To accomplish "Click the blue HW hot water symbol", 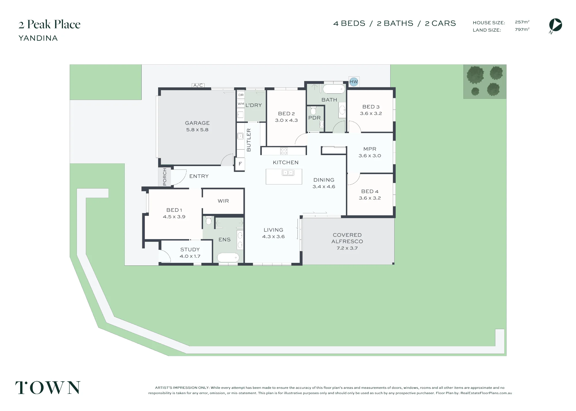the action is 354,82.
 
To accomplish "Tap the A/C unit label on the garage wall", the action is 198,85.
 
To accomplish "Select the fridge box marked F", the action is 240,164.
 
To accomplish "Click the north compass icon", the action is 556,25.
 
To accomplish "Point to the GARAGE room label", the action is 197,123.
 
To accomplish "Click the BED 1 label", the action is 174,210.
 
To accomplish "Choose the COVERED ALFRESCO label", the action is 347,238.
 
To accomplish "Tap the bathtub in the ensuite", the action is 228,257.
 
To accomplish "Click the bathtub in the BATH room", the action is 334,89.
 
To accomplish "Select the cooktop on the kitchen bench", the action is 284,151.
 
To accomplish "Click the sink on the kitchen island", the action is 288,173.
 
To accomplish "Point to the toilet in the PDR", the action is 313,111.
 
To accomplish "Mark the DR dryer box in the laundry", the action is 241,95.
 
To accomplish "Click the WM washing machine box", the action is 241,104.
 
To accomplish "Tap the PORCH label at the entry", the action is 165,177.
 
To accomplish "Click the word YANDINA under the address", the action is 38,38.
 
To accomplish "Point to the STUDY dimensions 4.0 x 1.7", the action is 190,256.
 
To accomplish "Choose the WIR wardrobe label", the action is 223,201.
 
